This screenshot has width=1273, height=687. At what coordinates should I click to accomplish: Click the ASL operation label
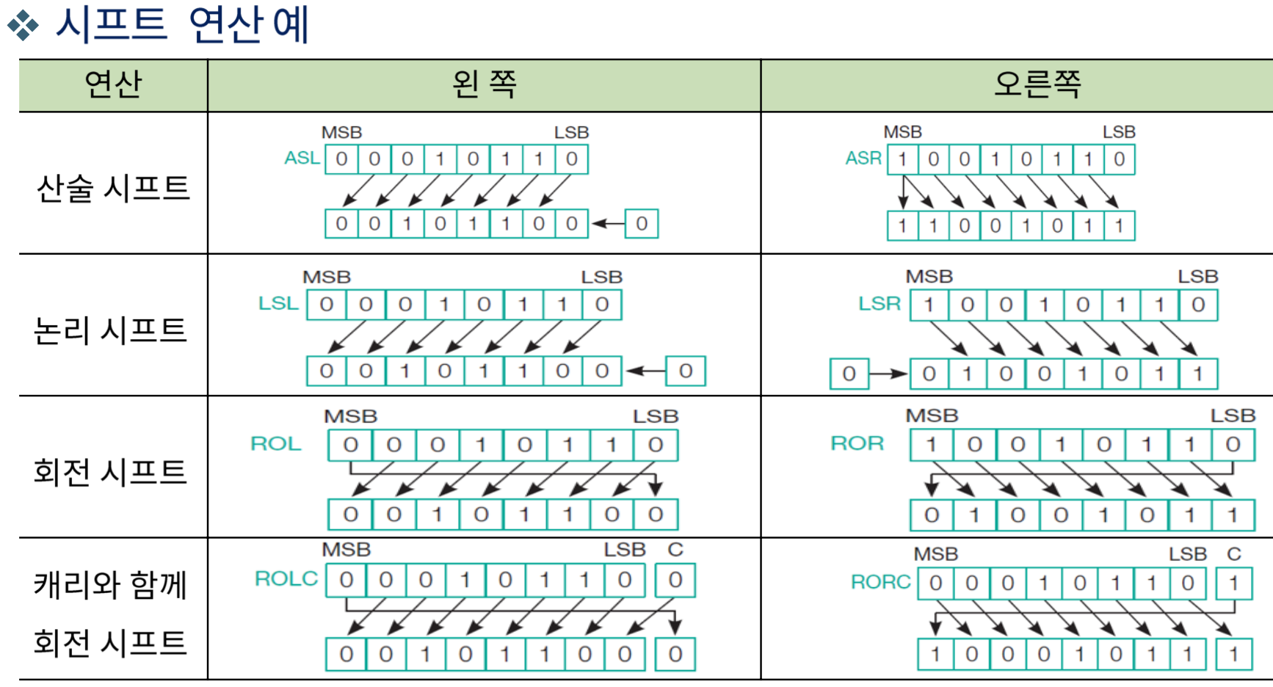click(x=302, y=159)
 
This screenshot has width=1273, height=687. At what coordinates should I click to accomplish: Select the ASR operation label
click(x=863, y=159)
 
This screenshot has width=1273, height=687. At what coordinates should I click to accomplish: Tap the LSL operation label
click(x=278, y=304)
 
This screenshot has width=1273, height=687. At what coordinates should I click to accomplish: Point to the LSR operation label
click(x=879, y=304)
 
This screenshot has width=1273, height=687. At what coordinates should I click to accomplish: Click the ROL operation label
click(x=276, y=444)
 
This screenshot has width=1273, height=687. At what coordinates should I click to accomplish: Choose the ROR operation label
click(x=857, y=443)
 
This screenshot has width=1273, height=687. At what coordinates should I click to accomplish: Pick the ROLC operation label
click(x=286, y=579)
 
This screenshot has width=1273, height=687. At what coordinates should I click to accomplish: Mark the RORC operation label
click(x=880, y=582)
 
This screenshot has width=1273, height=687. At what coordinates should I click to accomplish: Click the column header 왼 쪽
click(x=484, y=84)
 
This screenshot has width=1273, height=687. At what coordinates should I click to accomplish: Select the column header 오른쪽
click(x=1037, y=84)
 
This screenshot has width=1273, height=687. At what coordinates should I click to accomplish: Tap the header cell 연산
click(x=113, y=84)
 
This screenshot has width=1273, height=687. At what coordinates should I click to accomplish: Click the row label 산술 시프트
click(x=113, y=189)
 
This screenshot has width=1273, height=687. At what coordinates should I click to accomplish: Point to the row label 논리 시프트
click(x=111, y=330)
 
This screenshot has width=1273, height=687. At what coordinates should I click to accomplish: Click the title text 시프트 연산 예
click(x=182, y=24)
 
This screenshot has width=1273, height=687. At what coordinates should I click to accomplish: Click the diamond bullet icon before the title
click(x=23, y=25)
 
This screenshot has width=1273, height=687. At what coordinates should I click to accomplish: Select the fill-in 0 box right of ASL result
click(x=642, y=224)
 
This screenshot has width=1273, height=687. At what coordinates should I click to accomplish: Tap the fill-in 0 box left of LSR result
click(x=849, y=374)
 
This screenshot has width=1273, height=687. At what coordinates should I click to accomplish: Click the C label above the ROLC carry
click(x=675, y=550)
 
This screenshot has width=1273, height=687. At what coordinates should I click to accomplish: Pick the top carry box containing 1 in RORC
click(x=1233, y=584)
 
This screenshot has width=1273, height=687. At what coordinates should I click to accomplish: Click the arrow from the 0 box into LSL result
click(x=645, y=371)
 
